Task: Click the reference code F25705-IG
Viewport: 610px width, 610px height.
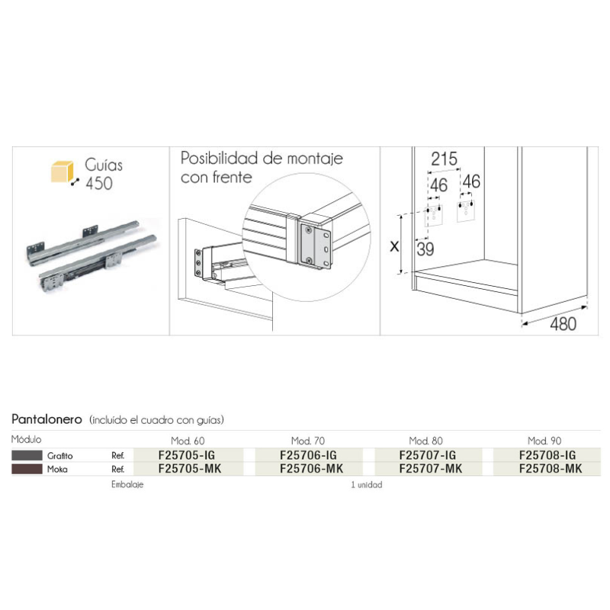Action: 187,455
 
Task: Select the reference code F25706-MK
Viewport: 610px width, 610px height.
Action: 312,469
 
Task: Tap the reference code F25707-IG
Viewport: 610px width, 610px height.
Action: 428,455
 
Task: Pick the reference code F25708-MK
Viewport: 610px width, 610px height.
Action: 551,469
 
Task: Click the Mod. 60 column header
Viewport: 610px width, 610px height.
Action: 188,441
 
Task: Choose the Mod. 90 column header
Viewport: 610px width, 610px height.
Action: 544,441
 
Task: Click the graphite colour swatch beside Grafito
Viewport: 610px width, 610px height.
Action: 27,455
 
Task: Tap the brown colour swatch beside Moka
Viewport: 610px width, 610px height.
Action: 27,469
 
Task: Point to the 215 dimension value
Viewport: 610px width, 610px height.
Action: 444,159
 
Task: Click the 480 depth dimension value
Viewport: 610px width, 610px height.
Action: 563,323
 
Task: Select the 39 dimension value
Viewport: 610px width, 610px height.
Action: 425,249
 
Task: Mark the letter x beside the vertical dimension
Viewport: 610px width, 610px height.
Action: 394,246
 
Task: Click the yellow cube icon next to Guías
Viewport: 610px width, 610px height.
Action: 63,172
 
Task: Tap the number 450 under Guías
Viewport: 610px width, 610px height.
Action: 99,183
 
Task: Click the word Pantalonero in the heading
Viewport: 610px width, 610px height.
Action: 47,419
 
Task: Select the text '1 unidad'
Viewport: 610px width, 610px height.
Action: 367,485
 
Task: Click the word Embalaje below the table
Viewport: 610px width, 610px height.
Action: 127,485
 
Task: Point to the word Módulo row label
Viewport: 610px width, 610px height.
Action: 26,439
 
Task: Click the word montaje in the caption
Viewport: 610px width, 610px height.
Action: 315,159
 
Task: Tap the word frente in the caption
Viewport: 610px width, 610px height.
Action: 233,178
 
